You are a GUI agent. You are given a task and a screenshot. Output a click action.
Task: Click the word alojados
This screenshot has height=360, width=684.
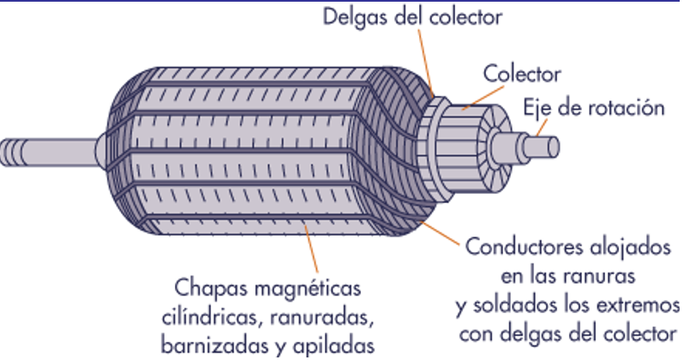tap(633, 249)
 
